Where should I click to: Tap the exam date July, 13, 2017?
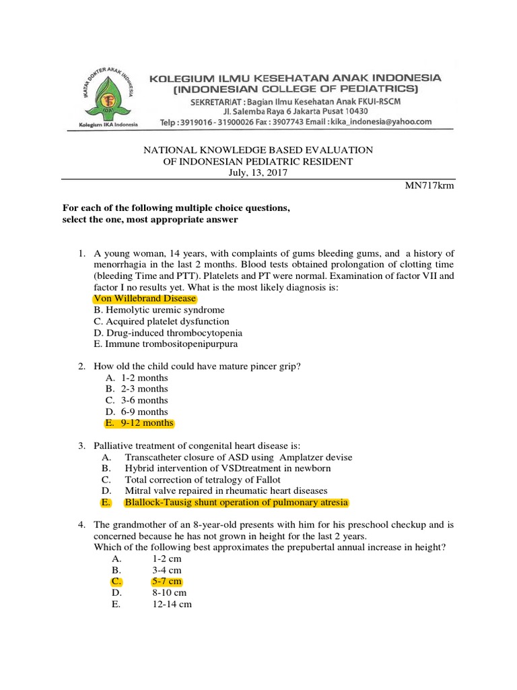[x=258, y=173]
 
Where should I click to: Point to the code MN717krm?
[x=434, y=185]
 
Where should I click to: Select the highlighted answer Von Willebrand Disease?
[x=145, y=299]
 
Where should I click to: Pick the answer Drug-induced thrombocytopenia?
[x=168, y=333]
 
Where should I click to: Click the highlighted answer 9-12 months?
[x=147, y=423]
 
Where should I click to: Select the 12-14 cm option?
[x=172, y=604]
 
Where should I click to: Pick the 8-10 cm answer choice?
[x=170, y=593]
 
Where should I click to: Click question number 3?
[x=81, y=445]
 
